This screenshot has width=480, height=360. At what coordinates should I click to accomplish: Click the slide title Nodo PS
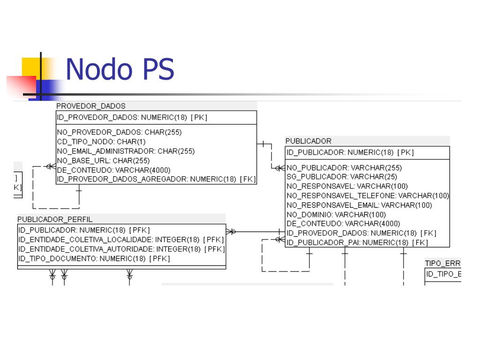tap(120, 69)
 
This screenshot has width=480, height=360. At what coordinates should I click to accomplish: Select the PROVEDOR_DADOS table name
tap(91, 106)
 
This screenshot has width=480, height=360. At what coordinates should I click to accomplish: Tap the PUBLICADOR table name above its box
tap(308, 141)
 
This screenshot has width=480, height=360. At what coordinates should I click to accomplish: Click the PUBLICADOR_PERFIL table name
tap(55, 219)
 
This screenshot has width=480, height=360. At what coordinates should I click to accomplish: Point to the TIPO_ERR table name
tap(442, 263)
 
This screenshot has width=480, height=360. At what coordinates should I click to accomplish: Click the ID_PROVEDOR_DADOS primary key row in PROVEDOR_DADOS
tap(132, 118)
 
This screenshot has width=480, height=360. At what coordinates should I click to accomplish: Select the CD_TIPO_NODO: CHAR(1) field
tap(101, 142)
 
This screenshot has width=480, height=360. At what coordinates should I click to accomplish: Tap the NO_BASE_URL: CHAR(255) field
tap(103, 160)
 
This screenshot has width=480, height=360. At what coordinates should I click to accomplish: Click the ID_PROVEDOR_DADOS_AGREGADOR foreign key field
tap(156, 179)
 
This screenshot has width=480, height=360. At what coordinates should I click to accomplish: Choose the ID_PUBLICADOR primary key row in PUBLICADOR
tap(350, 152)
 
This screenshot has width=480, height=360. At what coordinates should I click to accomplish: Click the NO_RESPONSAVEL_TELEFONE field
tap(367, 195)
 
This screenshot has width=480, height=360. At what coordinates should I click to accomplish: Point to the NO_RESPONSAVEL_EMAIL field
tap(359, 205)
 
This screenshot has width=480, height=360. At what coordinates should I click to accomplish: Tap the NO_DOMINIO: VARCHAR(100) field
tap(336, 214)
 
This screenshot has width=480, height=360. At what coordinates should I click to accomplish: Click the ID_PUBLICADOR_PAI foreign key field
tap(357, 242)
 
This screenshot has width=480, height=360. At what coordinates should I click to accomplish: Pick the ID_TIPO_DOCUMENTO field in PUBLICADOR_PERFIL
tap(94, 258)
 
